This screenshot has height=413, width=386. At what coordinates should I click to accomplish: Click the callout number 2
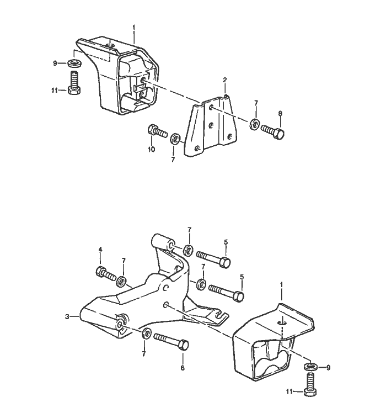[x=224, y=80]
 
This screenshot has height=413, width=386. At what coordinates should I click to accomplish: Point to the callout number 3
[x=67, y=316]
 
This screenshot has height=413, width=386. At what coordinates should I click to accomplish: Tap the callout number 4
[x=100, y=250]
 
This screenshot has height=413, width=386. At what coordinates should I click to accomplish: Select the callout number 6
[x=183, y=368]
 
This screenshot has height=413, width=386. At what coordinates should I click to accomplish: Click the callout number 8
[x=280, y=114]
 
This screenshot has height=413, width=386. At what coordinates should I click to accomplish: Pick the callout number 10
[x=151, y=149]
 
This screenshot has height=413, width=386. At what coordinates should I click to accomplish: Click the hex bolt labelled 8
[x=272, y=132]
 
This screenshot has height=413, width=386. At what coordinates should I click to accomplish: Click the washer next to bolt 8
[x=255, y=125]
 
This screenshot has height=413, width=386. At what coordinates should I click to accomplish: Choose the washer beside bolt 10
[x=175, y=139]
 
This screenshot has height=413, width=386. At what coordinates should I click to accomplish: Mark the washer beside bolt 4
[x=121, y=281]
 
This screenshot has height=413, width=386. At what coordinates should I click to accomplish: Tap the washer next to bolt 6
[x=146, y=333]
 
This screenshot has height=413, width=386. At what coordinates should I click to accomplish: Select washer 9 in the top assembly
[x=75, y=63]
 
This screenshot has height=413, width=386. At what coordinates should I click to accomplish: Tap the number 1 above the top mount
[x=133, y=28]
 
